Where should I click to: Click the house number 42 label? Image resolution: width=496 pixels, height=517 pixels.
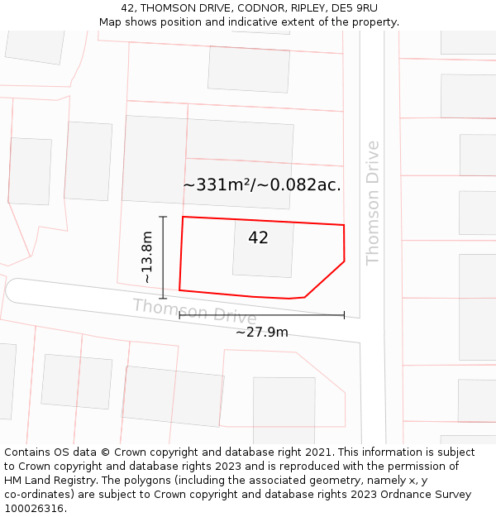tap(258, 238)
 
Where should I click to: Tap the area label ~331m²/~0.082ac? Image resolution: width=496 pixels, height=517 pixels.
tap(262, 185)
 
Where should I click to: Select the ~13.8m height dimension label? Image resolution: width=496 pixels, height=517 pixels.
tap(147, 257)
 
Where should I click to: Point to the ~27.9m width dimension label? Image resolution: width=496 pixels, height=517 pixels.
tap(262, 333)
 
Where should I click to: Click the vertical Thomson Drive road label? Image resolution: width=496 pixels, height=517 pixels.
tap(373, 203)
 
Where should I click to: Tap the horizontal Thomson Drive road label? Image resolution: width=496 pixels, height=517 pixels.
tap(195, 311)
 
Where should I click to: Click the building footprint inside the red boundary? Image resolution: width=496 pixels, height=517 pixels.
tap(263, 248)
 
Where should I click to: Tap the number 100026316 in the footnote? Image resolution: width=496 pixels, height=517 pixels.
tap(34, 509)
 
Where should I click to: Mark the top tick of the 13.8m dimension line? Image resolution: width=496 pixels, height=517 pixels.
tap(163, 217)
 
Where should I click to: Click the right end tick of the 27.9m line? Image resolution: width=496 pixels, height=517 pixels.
tap(344, 315)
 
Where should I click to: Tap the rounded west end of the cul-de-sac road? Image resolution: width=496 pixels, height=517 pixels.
tap(14, 290)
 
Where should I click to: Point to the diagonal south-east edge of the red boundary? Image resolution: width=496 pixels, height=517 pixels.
tap(325, 280)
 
